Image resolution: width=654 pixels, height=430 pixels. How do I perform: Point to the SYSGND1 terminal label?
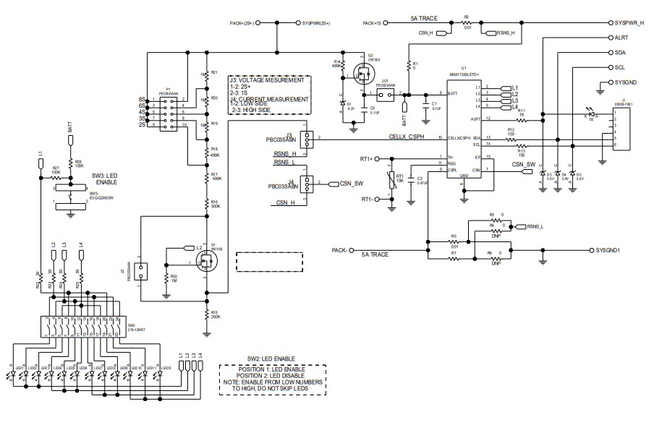pyautogui.click(x=613, y=250)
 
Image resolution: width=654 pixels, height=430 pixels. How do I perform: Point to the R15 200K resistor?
pyautogui.click(x=207, y=314)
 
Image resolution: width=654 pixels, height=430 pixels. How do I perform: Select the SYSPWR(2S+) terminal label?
pyautogui.click(x=316, y=22)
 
